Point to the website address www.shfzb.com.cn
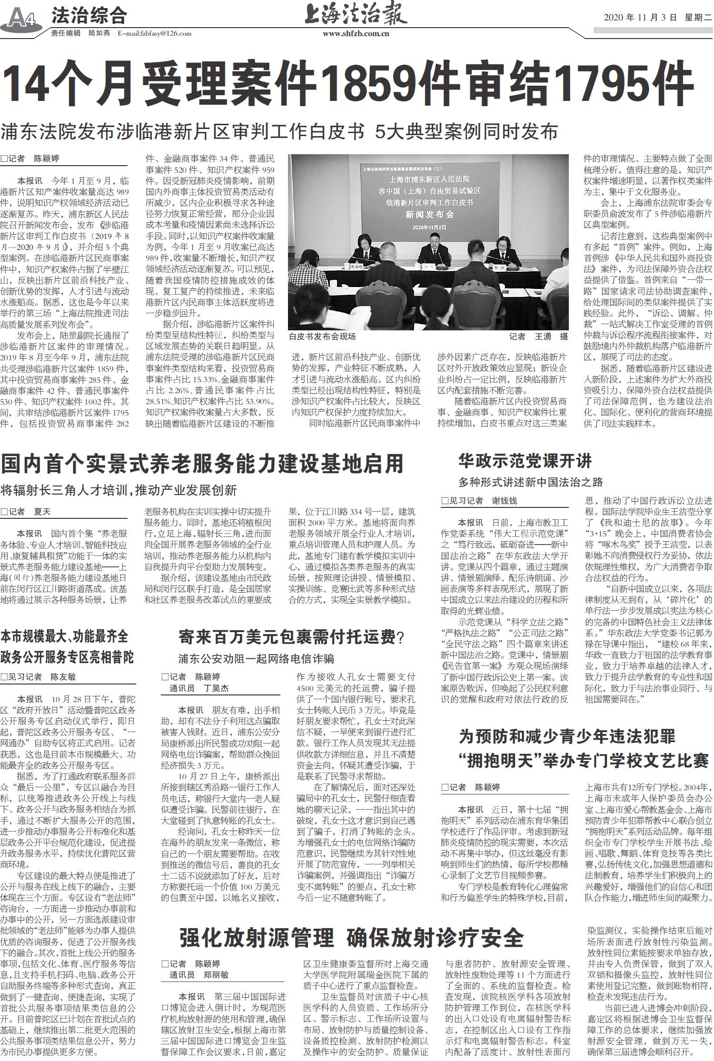pos(356,33)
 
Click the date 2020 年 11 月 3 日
pos(640,18)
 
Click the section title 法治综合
pos(89,16)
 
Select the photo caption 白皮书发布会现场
pos(322,337)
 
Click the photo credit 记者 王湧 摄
pos(538,337)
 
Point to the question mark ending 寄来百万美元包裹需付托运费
pos(400,637)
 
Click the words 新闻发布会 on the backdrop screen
pos(429,214)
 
